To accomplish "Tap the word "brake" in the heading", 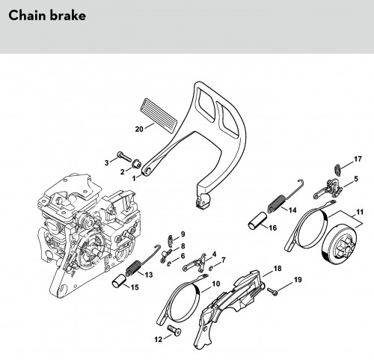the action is pyautogui.click(x=68, y=16).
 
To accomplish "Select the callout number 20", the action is pyautogui.click(x=139, y=129).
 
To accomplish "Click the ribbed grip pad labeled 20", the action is pyautogui.click(x=159, y=116).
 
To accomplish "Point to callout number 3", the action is pyautogui.click(x=106, y=163).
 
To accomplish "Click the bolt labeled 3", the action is pyautogui.click(x=124, y=156).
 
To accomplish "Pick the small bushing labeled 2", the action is pyautogui.click(x=136, y=163).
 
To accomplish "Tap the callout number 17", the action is pyautogui.click(x=358, y=159).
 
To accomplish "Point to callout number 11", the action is pyautogui.click(x=360, y=212).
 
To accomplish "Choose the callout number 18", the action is pyautogui.click(x=278, y=269).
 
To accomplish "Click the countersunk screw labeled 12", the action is pyautogui.click(x=174, y=330).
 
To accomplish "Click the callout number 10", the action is pyautogui.click(x=216, y=284).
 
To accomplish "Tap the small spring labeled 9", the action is pyautogui.click(x=171, y=240).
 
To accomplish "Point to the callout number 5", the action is pyautogui.click(x=356, y=179).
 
